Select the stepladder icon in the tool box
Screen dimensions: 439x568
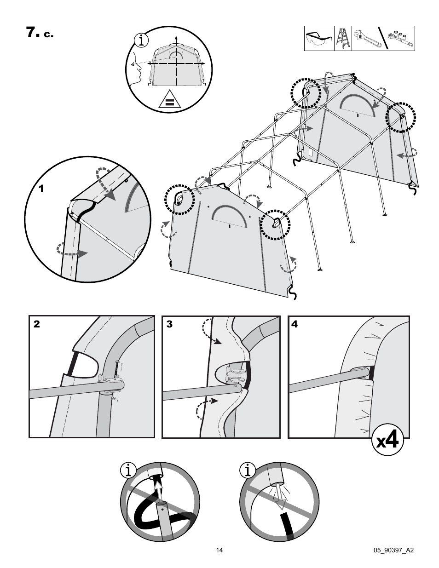[343, 39]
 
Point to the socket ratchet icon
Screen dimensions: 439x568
[400, 39]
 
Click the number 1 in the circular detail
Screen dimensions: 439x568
[41, 189]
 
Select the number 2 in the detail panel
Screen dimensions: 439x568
[37, 324]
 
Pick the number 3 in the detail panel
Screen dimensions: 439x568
[169, 324]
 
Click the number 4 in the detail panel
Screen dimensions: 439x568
[295, 324]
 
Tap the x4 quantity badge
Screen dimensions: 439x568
[387, 441]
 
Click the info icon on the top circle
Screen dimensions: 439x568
[141, 40]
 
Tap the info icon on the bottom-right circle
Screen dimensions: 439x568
[247, 470]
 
